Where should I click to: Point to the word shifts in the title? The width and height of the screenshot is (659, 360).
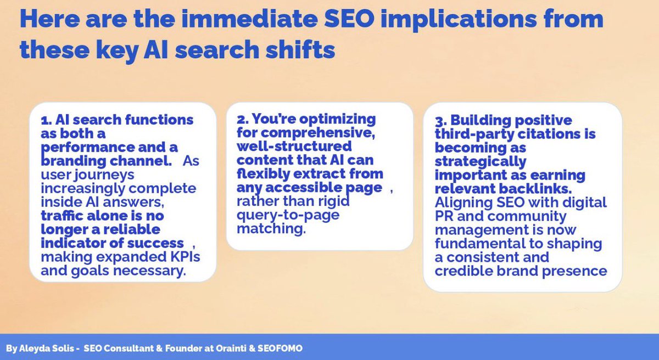click(300, 49)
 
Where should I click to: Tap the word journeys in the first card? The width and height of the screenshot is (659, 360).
click(104, 176)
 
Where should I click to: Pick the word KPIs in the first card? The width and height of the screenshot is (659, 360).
click(185, 257)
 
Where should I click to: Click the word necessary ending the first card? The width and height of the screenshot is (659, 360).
click(149, 271)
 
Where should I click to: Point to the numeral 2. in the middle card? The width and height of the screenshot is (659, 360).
click(242, 119)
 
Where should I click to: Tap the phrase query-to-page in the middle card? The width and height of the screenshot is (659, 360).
click(288, 216)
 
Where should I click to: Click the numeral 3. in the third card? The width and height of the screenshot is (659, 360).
click(440, 121)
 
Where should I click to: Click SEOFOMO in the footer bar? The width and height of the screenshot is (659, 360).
click(280, 348)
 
